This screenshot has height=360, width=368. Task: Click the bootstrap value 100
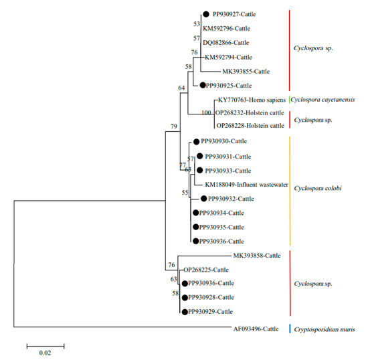point(206,112)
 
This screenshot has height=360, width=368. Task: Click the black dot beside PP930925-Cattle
point(201,85)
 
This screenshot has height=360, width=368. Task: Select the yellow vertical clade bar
point(289,191)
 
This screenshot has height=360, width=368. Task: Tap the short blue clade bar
point(289,329)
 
